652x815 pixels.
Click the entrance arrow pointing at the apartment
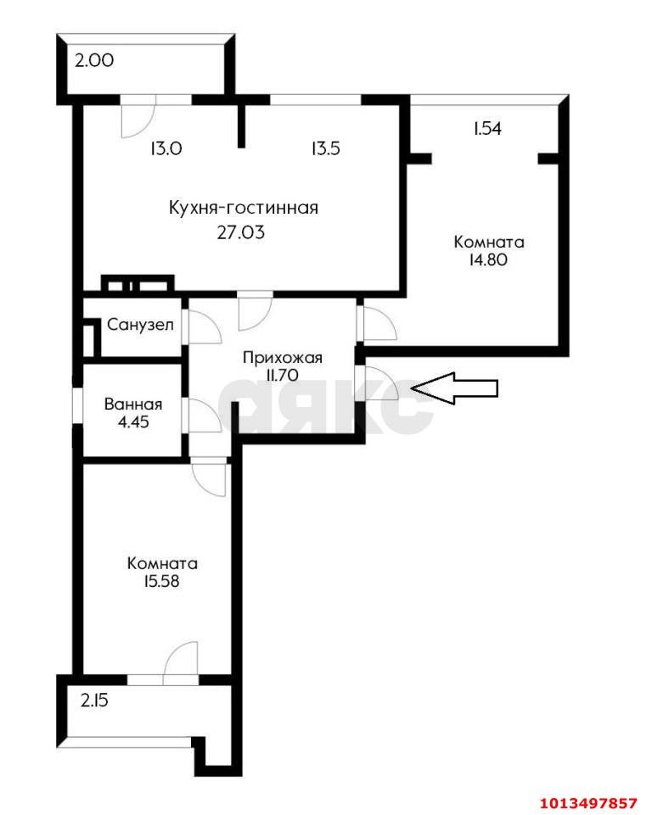click(455, 388)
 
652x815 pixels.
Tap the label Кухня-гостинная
click(243, 208)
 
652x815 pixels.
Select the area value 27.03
click(242, 231)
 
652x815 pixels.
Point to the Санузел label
click(141, 325)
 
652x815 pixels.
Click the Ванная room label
click(132, 405)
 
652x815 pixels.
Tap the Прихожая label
click(283, 357)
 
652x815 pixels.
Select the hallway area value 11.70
click(283, 374)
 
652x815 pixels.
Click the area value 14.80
click(488, 260)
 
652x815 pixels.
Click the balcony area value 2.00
click(93, 61)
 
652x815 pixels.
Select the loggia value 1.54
click(488, 129)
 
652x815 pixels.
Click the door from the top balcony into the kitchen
click(137, 116)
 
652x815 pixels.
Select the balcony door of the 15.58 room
click(180, 662)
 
